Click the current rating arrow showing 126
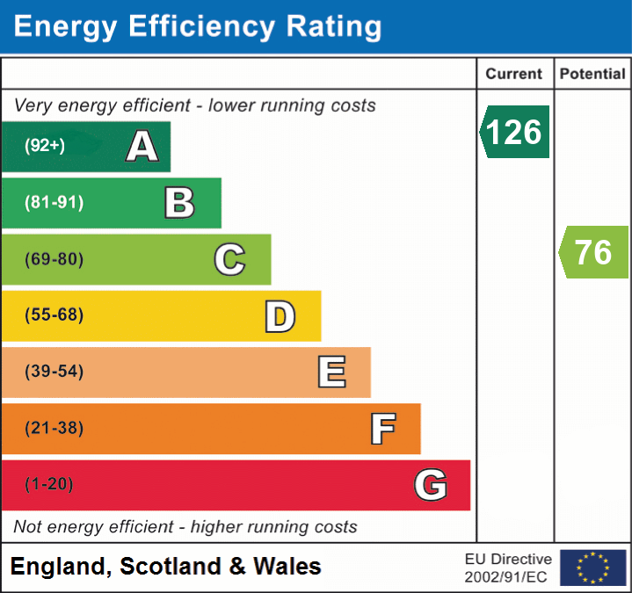[515, 132]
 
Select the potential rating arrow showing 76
[594, 252]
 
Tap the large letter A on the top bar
[142, 147]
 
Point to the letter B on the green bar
[179, 203]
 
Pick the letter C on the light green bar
[229, 260]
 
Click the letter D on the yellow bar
[280, 316]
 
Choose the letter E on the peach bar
[331, 372]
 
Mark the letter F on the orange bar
[381, 429]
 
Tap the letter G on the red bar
[431, 485]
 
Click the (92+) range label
[45, 146]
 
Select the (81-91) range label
[54, 203]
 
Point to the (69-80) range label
[54, 259]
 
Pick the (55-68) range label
[54, 315]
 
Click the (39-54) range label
[54, 372]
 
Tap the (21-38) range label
[54, 429]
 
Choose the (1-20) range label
[49, 485]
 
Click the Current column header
[514, 75]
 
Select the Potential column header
[592, 75]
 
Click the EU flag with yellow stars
[593, 568]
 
